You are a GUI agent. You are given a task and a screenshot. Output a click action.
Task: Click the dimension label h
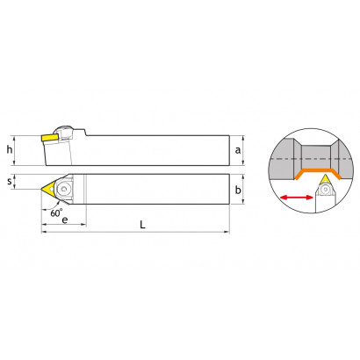10,150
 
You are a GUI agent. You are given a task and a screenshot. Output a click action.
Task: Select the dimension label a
238,150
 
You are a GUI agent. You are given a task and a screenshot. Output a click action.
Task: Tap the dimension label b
238,190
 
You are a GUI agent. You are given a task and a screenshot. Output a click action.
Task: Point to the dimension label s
10,182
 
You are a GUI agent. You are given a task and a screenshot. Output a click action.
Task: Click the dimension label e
65,220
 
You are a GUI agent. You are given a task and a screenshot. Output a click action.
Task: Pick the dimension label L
142,225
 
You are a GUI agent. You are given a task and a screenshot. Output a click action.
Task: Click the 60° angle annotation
56,212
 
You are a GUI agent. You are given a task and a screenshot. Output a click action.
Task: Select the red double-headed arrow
297,198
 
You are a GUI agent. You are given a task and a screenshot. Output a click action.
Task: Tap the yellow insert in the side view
50,138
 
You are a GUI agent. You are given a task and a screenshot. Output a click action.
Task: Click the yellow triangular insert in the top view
48,188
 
